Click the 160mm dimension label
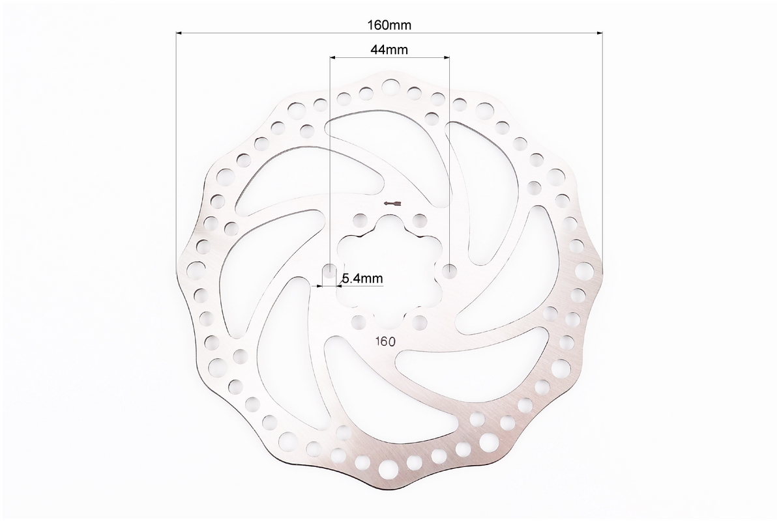389,25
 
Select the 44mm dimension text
389,49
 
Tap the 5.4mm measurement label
362,278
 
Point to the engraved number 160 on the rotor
385,341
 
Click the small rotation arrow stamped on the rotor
392,203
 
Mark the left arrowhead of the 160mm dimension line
179,33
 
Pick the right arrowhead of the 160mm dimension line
599,33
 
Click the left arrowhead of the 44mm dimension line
333,57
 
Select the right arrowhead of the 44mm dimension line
446,57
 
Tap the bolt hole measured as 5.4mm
329,270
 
